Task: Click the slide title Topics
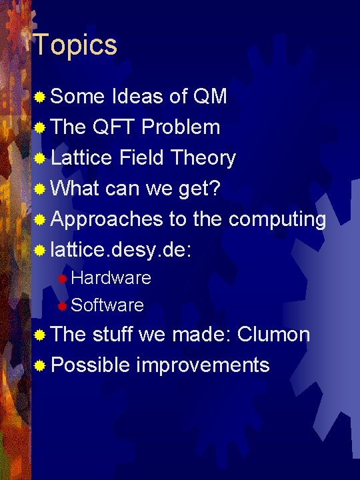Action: tap(75, 45)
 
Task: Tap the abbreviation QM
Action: tap(209, 96)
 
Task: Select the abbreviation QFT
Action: tap(116, 127)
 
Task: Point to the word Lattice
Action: tap(82, 157)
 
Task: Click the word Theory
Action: tap(203, 157)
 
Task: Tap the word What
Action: tap(75, 188)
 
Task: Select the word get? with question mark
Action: tap(198, 189)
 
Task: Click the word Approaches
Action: tap(107, 219)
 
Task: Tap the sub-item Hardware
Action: tap(111, 277)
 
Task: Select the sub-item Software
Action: tap(107, 305)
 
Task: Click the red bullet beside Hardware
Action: tap(62, 278)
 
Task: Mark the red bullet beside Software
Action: tap(62, 305)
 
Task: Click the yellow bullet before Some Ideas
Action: tap(41, 97)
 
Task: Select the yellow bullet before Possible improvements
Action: tap(41, 365)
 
